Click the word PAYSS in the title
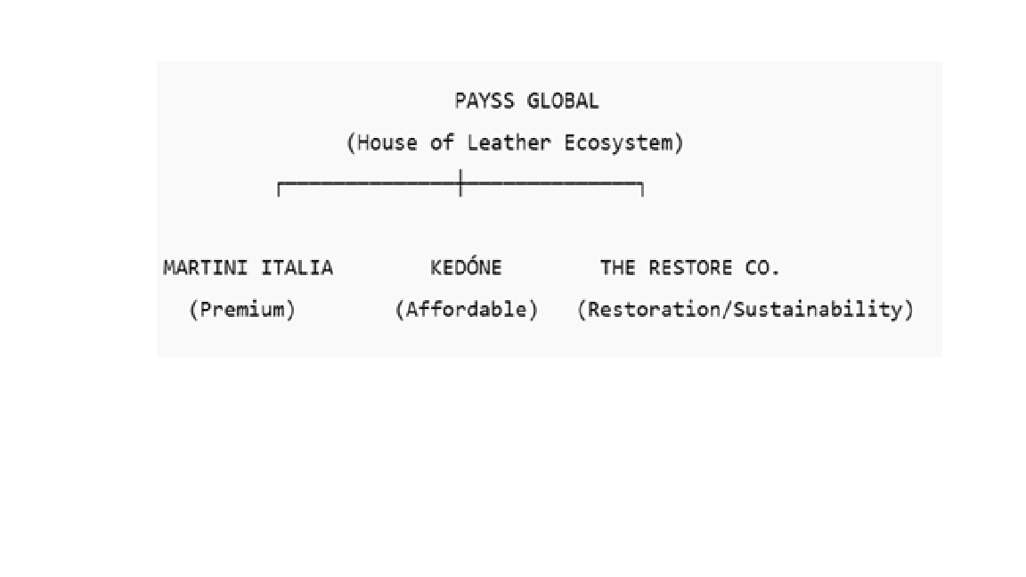484,101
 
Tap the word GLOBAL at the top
563,101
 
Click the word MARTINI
207,268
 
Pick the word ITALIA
297,268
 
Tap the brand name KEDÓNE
466,268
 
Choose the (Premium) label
242,310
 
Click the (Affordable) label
467,310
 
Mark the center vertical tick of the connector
460,183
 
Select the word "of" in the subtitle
442,142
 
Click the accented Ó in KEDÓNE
472,267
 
